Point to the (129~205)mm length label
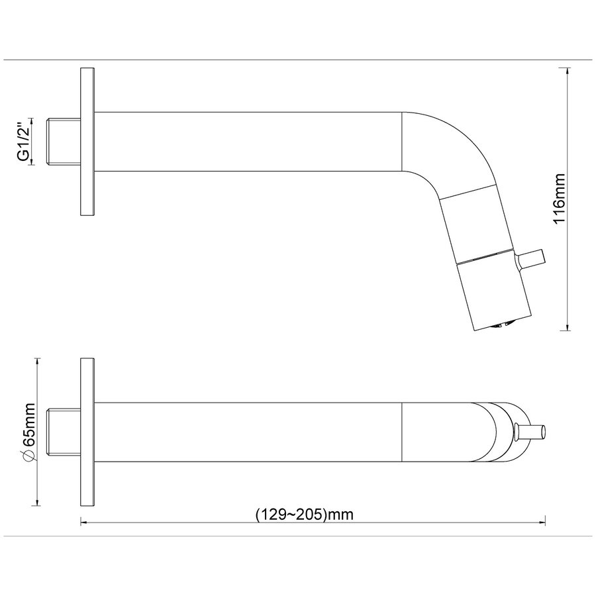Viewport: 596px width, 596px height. pyautogui.click(x=304, y=515)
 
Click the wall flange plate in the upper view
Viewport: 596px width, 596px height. pyautogui.click(x=87, y=142)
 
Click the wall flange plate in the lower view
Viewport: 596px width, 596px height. pyautogui.click(x=87, y=432)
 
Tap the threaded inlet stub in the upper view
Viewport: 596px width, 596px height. pyautogui.click(x=63, y=142)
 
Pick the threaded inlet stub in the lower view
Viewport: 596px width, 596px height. pyautogui.click(x=63, y=432)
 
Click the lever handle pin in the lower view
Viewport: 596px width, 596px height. pyautogui.click(x=530, y=432)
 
